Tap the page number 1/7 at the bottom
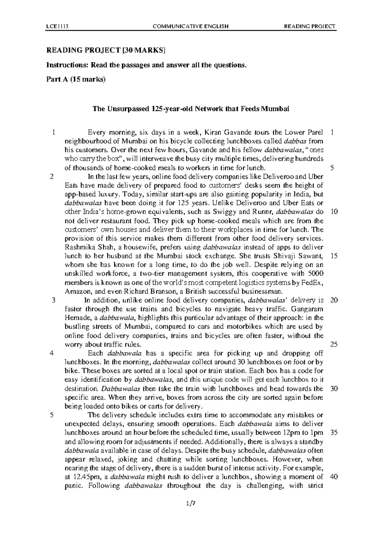pyautogui.click(x=191, y=512)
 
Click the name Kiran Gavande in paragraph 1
pyautogui.click(x=228, y=132)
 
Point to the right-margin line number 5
pyautogui.click(x=332, y=168)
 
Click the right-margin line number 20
pyautogui.click(x=334, y=300)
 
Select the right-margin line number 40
pyautogui.click(x=334, y=477)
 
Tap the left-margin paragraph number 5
pyautogui.click(x=52, y=415)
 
